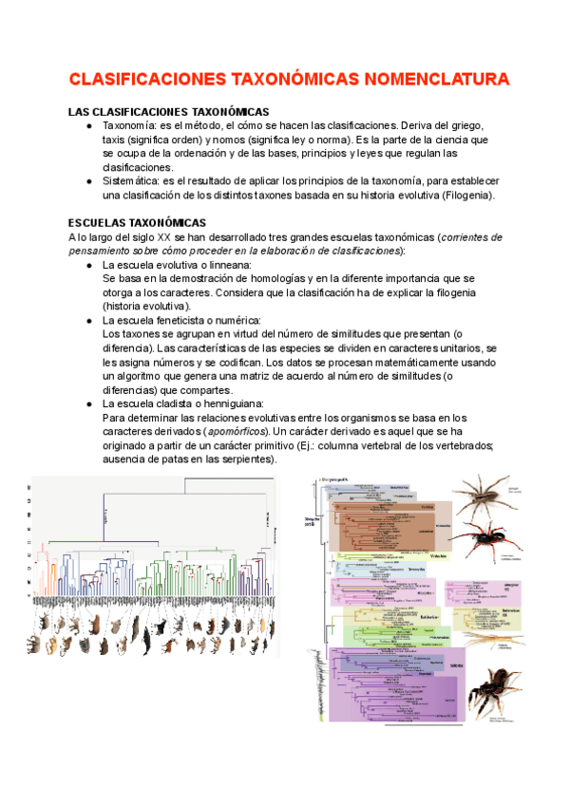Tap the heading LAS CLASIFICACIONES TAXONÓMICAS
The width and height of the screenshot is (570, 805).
coord(169,111)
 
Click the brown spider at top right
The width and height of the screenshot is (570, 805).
coord(479,496)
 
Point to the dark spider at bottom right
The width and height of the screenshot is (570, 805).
coord(492,688)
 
